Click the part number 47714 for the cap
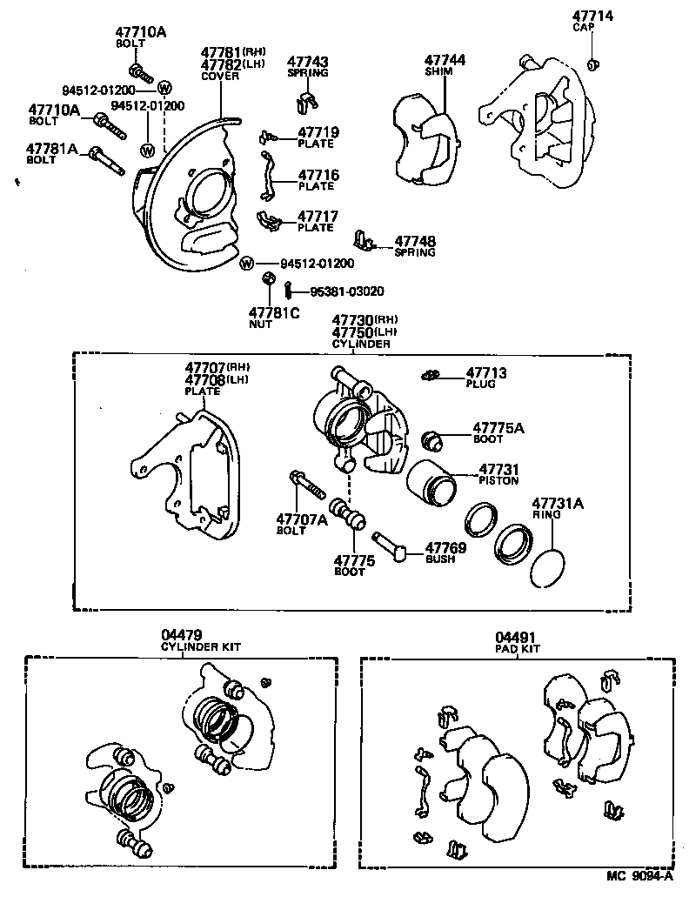click(592, 17)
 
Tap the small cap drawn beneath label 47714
click(592, 64)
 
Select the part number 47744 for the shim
click(445, 60)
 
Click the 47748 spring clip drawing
click(365, 240)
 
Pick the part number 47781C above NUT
click(272, 312)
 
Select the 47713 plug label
click(486, 372)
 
